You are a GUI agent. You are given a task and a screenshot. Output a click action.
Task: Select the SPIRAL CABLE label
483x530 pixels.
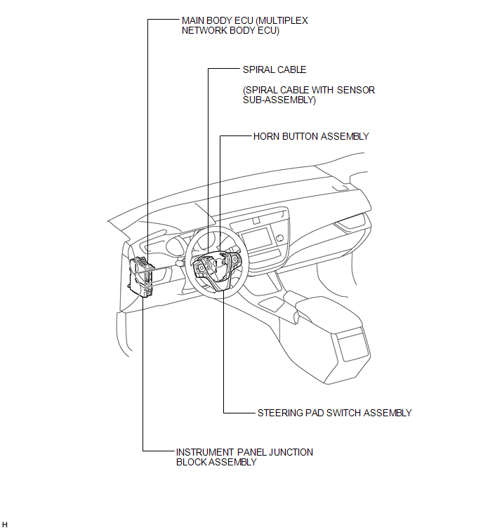tap(274, 69)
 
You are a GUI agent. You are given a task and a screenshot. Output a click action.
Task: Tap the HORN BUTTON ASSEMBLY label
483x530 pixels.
tap(311, 136)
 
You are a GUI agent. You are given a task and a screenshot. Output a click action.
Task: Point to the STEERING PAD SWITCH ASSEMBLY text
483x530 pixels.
tap(335, 413)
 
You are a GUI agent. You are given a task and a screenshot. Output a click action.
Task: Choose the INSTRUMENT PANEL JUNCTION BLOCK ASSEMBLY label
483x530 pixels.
tap(244, 457)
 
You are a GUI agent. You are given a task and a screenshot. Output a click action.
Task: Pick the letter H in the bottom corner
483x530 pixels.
tap(5, 524)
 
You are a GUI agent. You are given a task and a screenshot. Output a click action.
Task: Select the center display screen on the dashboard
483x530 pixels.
tap(256, 238)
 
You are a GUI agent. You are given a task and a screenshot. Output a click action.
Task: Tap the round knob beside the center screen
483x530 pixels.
tap(279, 238)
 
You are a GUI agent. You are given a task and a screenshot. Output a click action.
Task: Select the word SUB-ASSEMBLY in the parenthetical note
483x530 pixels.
tap(279, 100)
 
